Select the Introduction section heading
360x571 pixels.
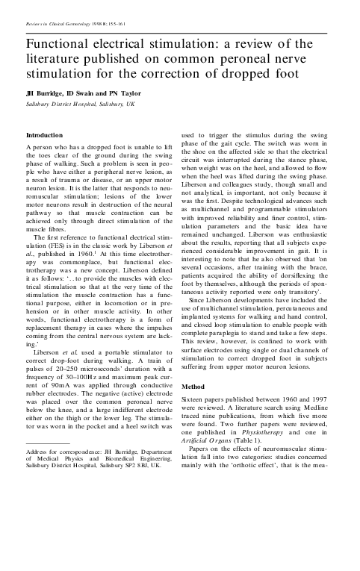(x=45, y=135)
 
